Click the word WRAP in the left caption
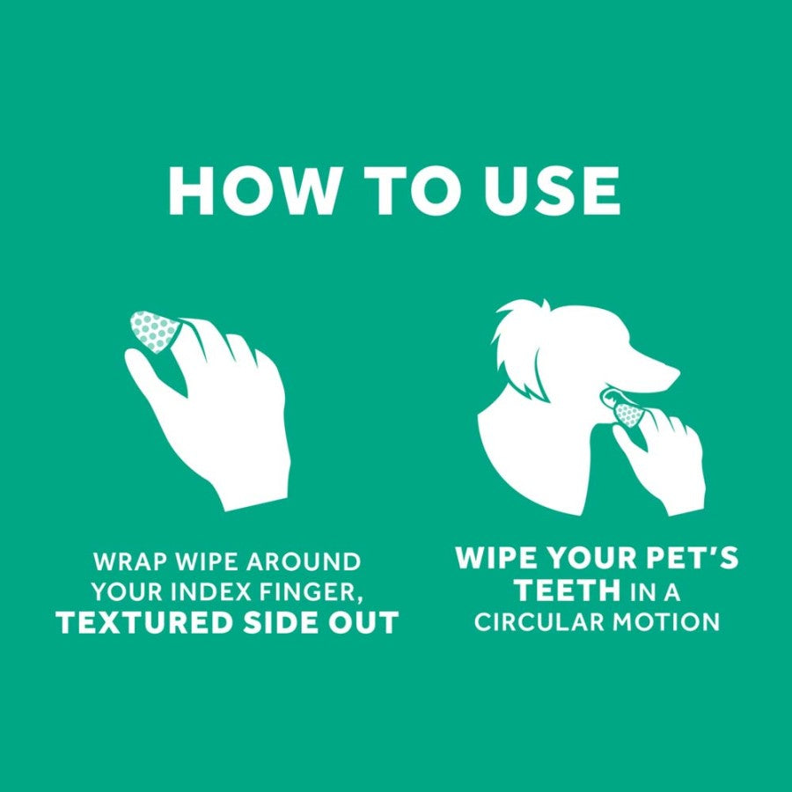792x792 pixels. click(121, 561)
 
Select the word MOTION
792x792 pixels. click(666, 622)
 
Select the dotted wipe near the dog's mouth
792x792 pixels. click(628, 414)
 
